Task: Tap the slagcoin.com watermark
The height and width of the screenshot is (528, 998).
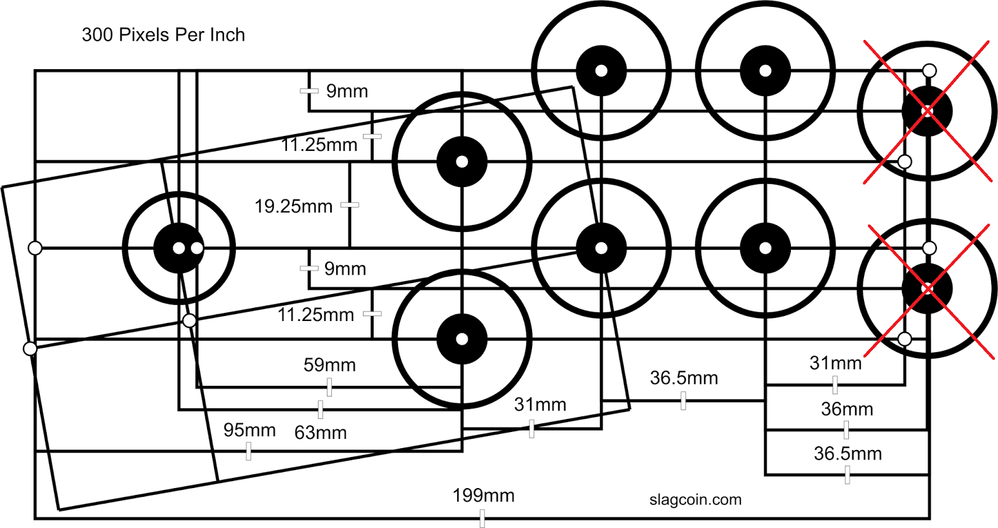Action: point(695,499)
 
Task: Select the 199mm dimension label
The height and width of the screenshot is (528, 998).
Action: point(483,496)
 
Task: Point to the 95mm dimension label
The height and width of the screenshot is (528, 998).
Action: point(249,430)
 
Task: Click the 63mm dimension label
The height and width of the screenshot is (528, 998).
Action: point(321,433)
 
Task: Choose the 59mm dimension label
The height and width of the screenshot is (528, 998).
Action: point(329,365)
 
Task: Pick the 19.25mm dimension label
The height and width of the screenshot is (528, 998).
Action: point(293,206)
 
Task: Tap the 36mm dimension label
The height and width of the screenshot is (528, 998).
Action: point(847,409)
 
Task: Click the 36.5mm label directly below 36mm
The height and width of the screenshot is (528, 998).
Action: point(848,453)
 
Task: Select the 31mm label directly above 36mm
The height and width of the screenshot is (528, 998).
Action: point(836,363)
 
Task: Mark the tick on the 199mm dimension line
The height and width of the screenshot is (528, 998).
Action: point(482,517)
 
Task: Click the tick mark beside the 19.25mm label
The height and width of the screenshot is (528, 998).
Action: point(350,204)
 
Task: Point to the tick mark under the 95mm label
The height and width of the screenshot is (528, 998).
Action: point(249,451)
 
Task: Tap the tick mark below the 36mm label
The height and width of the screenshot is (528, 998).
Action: point(846,430)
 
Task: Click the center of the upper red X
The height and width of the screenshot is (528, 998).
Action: point(928,112)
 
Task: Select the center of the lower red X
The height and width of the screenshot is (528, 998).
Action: point(928,289)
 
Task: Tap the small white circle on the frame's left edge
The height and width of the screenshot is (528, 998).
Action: point(36,248)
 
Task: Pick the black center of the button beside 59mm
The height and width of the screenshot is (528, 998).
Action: point(462,339)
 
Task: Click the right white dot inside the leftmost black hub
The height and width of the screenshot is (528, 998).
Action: point(196,248)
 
